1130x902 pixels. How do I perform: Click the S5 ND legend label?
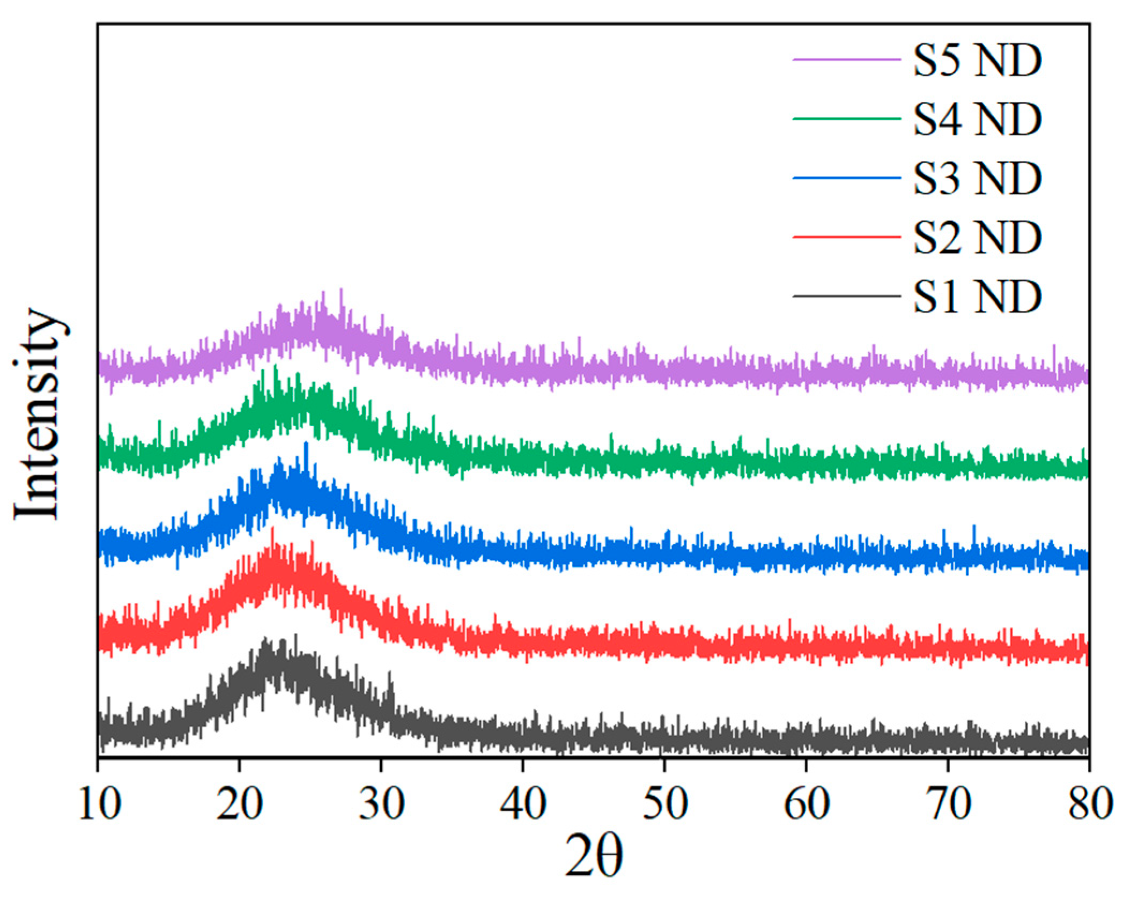click(x=977, y=60)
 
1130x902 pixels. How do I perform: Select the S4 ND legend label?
click(x=977, y=119)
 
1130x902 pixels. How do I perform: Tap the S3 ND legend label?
click(x=977, y=179)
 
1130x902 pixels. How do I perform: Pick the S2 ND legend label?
click(x=977, y=238)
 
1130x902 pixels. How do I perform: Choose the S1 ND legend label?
click(x=977, y=297)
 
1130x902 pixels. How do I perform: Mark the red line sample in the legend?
click(x=846, y=236)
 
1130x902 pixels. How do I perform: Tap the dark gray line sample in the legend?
click(x=846, y=296)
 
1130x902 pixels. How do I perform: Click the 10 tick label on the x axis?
click(x=99, y=804)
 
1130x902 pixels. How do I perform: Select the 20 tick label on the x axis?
click(x=240, y=804)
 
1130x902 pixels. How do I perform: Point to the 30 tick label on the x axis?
click(x=381, y=804)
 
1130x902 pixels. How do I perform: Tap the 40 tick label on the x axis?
click(x=523, y=804)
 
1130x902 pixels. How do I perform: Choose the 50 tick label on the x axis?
click(x=664, y=804)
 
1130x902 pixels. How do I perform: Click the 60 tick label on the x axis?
click(x=806, y=804)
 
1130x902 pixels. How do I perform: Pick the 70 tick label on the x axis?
click(x=948, y=804)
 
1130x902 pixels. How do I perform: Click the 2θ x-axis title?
click(x=594, y=857)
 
